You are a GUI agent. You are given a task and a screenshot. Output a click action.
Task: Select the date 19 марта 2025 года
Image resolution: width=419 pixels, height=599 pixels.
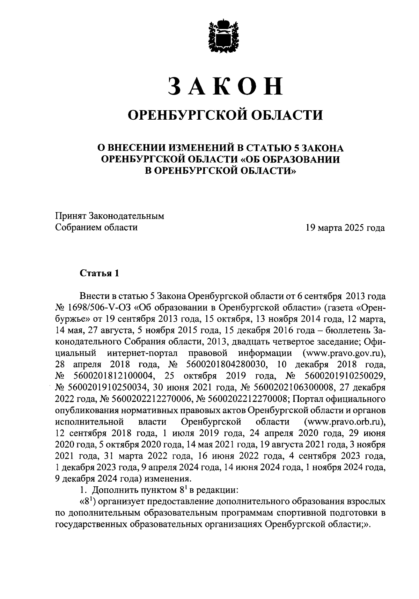[345, 228]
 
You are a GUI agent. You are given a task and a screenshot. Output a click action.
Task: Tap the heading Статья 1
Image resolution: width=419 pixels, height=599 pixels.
[100, 273]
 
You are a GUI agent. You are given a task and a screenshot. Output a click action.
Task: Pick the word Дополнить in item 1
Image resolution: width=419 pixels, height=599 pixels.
[112, 490]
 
